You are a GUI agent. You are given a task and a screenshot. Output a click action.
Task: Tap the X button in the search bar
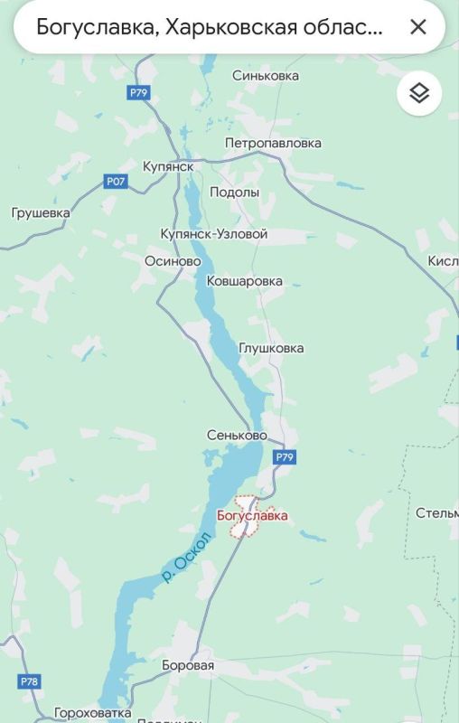(x=417, y=26)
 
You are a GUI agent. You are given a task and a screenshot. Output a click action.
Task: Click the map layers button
(x=419, y=93)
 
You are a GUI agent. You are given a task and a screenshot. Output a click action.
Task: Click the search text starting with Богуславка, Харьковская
(x=209, y=26)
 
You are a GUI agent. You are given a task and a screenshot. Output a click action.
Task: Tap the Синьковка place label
(x=266, y=76)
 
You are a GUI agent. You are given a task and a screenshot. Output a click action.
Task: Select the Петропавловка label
(x=273, y=143)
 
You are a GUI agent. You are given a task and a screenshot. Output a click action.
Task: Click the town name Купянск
(x=168, y=166)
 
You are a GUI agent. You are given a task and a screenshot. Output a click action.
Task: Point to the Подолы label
(x=234, y=192)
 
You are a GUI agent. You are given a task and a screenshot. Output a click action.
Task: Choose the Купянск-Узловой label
(x=214, y=234)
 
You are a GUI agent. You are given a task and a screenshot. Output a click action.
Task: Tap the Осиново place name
(x=173, y=260)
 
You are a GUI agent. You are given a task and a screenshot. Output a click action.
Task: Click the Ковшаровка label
(x=245, y=281)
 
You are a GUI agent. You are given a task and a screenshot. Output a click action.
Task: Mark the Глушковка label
(x=271, y=348)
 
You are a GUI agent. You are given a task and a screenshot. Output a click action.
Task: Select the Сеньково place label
(x=237, y=435)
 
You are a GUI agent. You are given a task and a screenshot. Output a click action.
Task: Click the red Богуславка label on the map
(x=253, y=515)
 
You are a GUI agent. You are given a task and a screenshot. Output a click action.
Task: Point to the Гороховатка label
(x=92, y=713)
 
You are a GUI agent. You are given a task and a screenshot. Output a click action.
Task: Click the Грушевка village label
(x=41, y=213)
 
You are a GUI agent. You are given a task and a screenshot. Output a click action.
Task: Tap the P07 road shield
(x=116, y=182)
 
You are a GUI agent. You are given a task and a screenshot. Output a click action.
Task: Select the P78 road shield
(x=28, y=681)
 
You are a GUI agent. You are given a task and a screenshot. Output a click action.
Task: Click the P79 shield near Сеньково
(x=285, y=457)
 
